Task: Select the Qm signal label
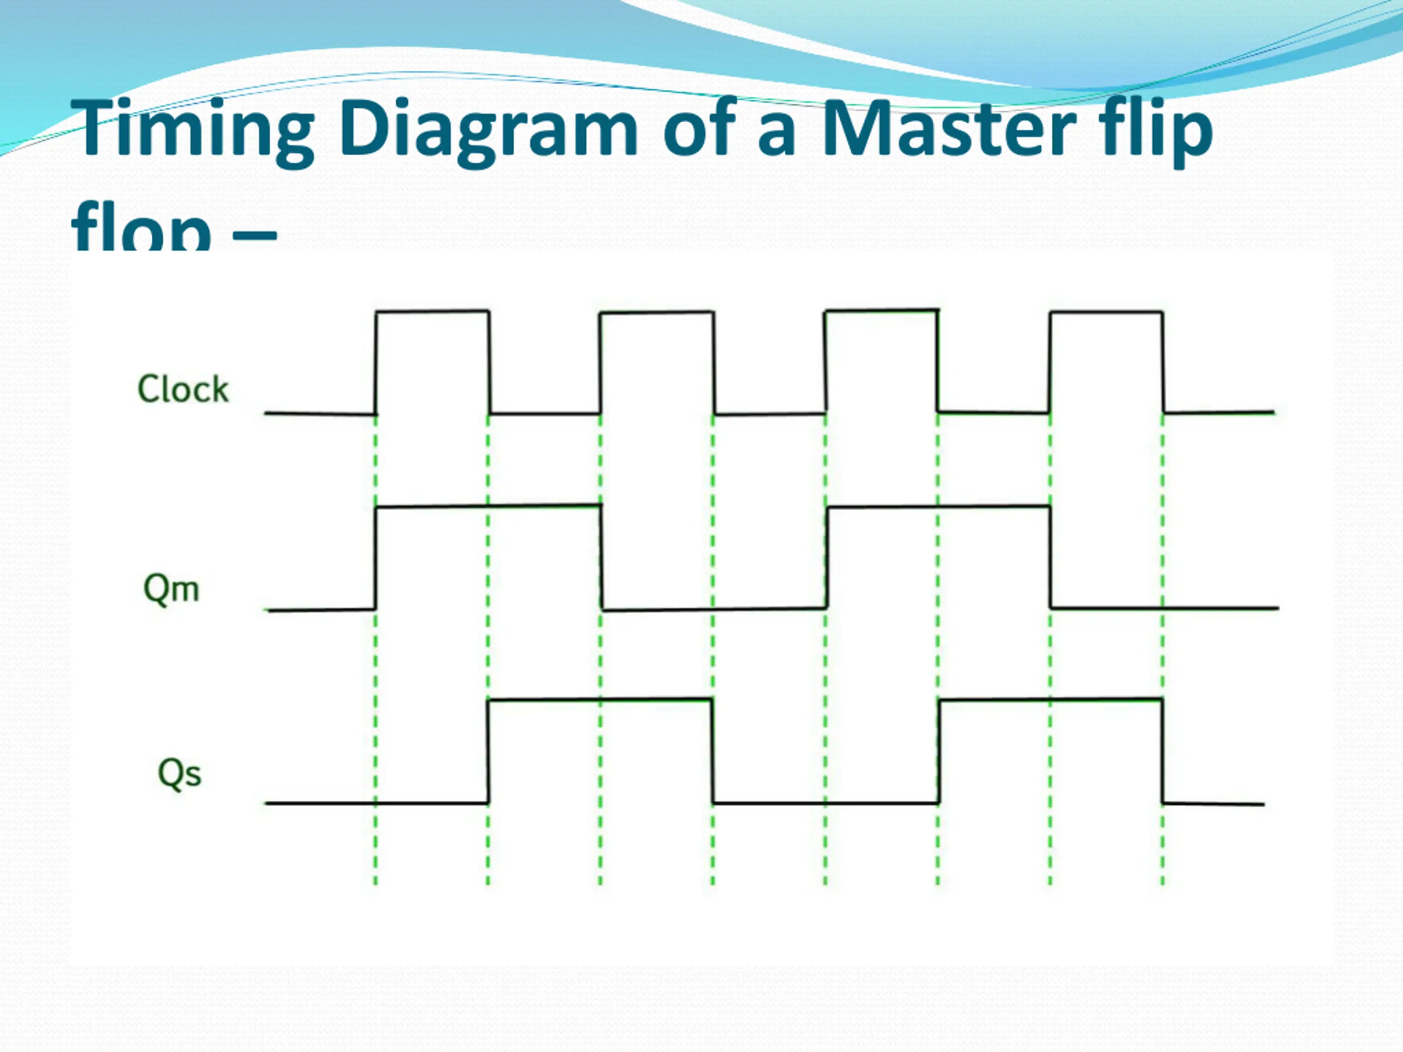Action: point(171,590)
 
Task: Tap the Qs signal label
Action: point(180,774)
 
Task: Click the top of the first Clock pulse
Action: point(432,311)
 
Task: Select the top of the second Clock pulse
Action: point(657,312)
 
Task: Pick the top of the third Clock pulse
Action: point(882,310)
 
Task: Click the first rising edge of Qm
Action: point(376,558)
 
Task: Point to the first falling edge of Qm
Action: point(601,558)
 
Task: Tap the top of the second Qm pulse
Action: point(939,507)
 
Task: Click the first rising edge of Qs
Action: point(488,751)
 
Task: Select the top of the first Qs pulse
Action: point(600,700)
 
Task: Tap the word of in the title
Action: point(700,130)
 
